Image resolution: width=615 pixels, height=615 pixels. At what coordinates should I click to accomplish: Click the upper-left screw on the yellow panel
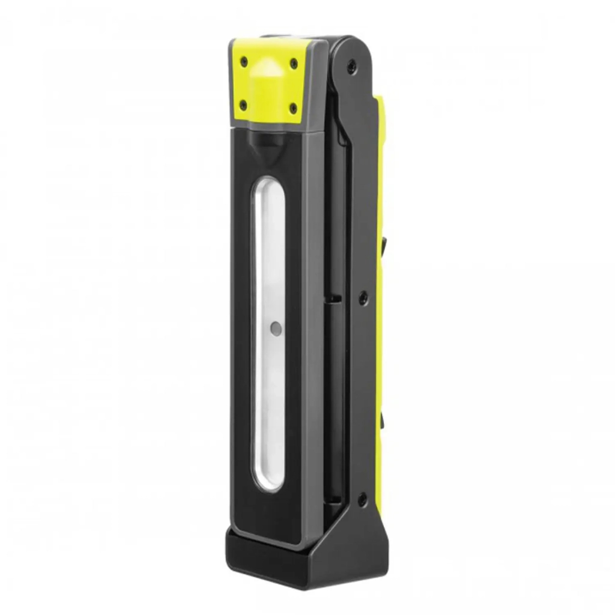pos(243,60)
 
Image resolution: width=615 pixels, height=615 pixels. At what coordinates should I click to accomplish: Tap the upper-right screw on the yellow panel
pos(293,62)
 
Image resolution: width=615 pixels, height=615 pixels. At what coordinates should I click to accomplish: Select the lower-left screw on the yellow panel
pos(243,106)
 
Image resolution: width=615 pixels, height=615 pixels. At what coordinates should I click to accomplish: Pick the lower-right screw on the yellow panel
pos(292,109)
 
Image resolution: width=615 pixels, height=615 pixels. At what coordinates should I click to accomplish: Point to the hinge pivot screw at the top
pos(351,67)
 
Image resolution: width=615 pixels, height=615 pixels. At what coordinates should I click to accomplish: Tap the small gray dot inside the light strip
pos(275,328)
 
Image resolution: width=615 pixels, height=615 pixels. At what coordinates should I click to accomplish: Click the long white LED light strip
pos(268,270)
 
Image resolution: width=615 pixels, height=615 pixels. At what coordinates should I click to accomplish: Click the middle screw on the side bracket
pos(363,297)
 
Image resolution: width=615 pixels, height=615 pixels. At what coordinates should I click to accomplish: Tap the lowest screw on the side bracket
pos(362,498)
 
